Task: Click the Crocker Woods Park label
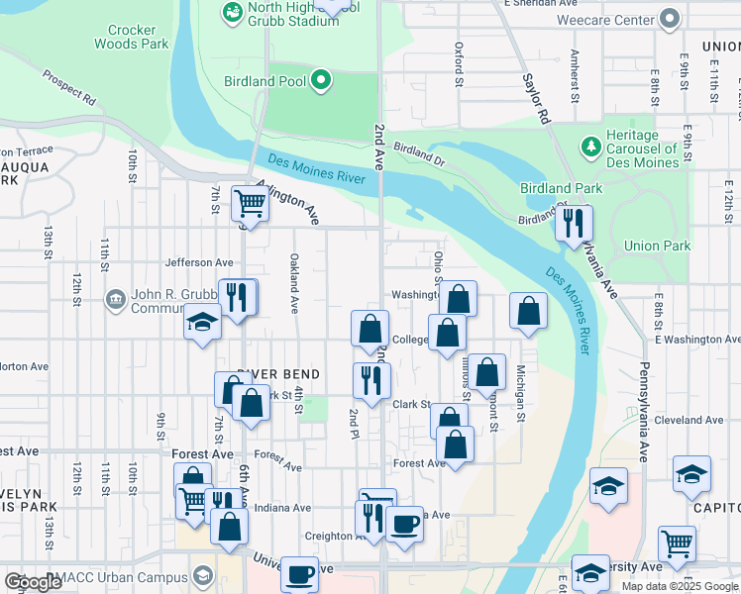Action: [x=132, y=37]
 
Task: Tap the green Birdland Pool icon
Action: [x=320, y=81]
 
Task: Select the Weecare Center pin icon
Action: [x=670, y=19]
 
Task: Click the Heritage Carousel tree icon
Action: [x=590, y=147]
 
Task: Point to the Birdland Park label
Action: [x=561, y=188]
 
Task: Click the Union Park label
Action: [x=657, y=246]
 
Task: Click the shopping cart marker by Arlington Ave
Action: [x=250, y=204]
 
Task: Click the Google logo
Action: [x=33, y=582]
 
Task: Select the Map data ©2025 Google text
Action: [x=680, y=586]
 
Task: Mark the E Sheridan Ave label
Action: [x=541, y=3]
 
